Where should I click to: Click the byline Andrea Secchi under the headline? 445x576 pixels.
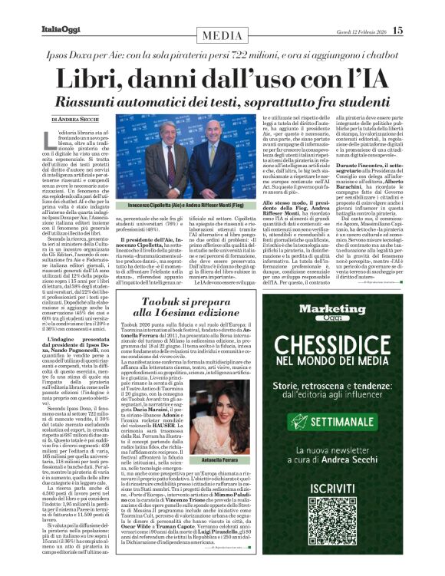point(77,120)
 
